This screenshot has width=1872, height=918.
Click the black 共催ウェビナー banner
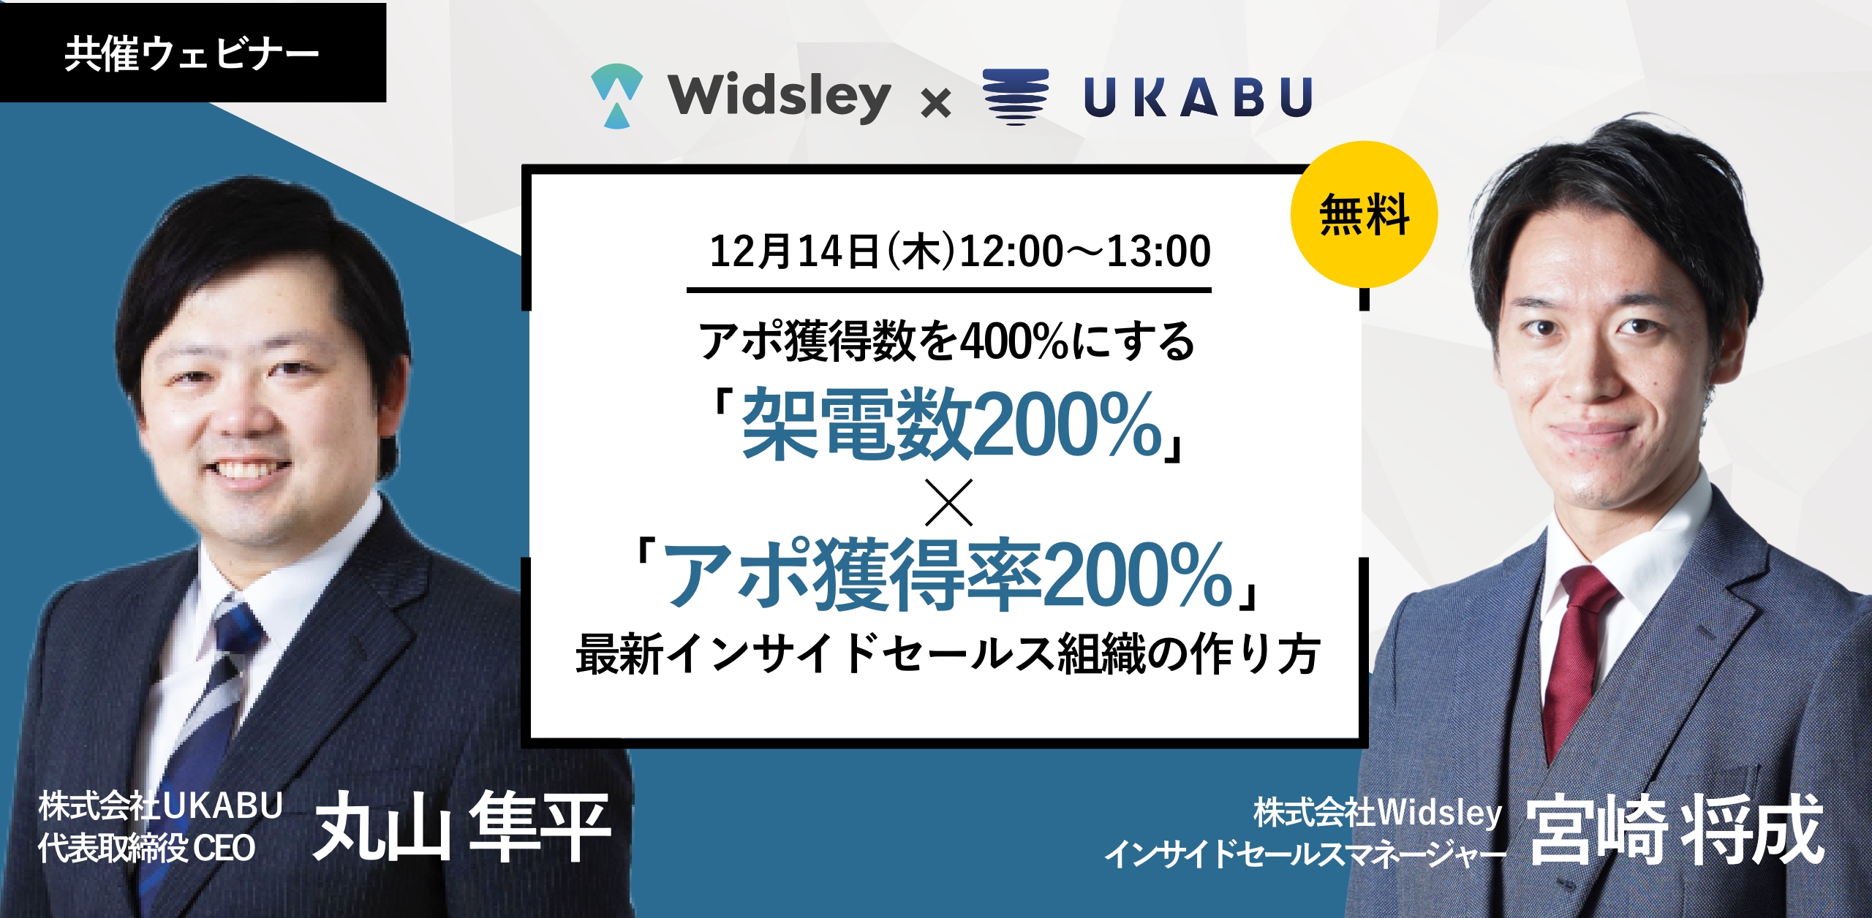coord(192,53)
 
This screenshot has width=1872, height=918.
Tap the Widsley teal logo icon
coord(617,96)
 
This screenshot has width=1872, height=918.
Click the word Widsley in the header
coord(780,96)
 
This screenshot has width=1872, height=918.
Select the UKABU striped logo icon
coord(1016,96)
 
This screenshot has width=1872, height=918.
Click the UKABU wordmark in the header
coord(1199,97)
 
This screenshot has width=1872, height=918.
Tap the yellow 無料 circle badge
coord(1364,214)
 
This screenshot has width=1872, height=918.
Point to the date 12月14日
coord(794,251)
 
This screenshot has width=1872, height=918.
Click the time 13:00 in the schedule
coord(1159,251)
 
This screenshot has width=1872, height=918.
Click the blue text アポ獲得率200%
coord(948,574)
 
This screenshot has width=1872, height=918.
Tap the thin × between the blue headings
coord(949,502)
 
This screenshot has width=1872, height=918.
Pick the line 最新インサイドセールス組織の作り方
coord(948,654)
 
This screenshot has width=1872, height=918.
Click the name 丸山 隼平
coord(462,827)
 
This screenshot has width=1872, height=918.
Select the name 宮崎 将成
coord(1675,830)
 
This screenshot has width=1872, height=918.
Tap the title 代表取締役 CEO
coord(147,849)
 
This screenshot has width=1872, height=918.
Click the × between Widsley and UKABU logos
coord(936,102)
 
